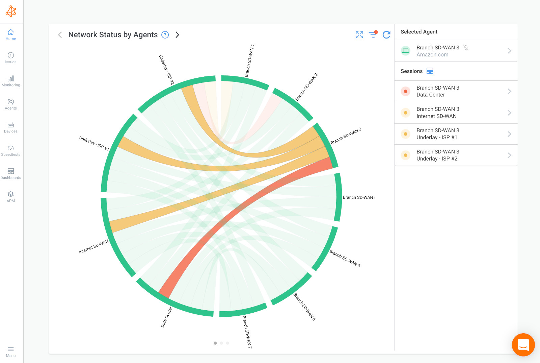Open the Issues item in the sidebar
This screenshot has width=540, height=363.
click(11, 57)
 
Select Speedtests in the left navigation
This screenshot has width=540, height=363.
click(11, 150)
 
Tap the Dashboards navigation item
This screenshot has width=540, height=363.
click(11, 173)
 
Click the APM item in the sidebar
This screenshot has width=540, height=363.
click(11, 196)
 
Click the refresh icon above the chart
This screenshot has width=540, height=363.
click(386, 35)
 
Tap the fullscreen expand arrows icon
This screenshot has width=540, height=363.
click(359, 35)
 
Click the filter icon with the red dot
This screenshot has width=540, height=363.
click(373, 34)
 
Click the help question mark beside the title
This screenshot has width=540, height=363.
click(165, 35)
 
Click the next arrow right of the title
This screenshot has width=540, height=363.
click(178, 35)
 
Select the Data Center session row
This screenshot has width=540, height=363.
click(456, 91)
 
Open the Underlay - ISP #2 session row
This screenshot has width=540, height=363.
click(456, 155)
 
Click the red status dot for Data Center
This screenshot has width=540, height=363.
click(406, 91)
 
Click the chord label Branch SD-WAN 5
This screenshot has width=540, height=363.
click(345, 259)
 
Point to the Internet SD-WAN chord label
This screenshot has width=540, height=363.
click(94, 247)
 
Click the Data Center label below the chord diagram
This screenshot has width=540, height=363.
click(166, 317)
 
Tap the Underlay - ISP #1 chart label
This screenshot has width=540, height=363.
click(94, 143)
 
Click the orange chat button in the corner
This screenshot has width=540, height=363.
click(523, 345)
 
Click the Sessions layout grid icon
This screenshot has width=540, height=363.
click(430, 71)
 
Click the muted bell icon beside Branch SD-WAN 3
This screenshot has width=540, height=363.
click(466, 48)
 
